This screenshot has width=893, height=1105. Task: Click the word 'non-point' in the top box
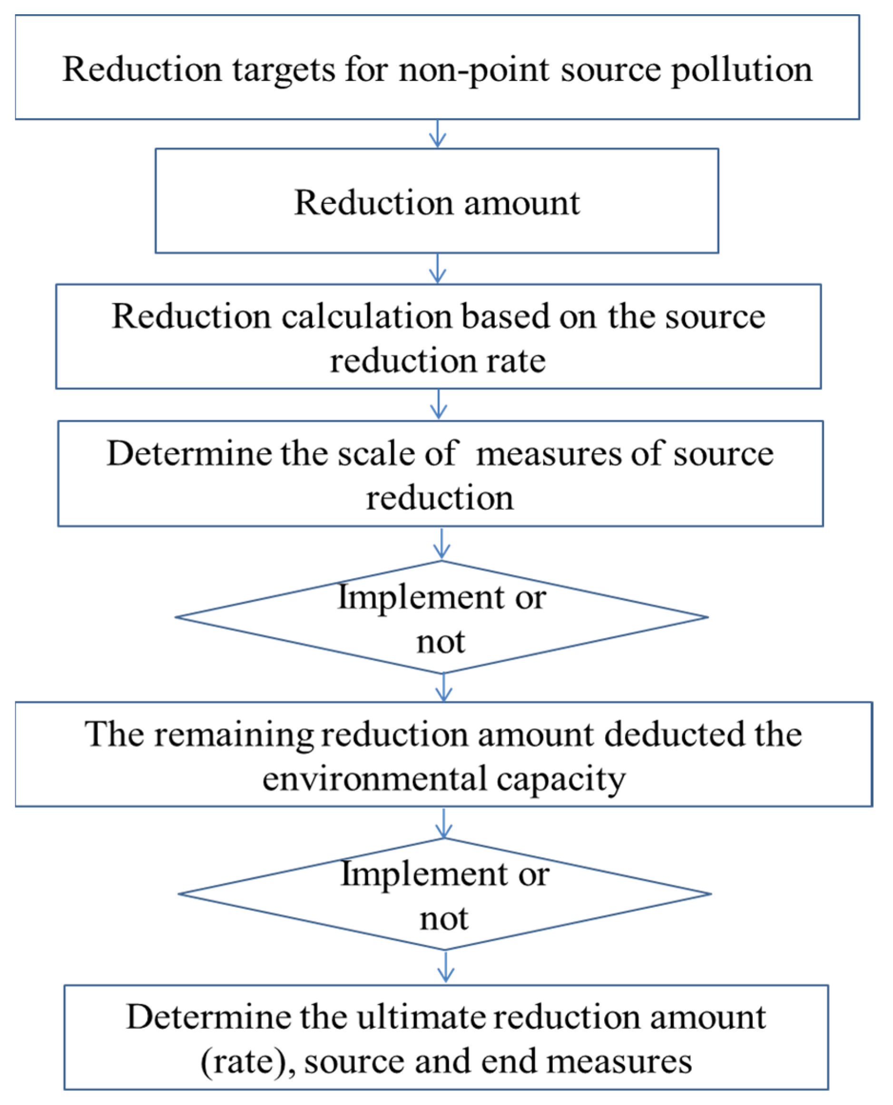(473, 69)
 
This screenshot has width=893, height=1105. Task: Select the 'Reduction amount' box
(437, 201)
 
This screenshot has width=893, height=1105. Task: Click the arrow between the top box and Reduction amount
(437, 134)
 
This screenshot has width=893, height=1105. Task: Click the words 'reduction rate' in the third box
(437, 360)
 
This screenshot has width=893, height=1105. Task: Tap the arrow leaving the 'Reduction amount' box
(437, 268)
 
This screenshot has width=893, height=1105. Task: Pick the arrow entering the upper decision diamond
(442, 544)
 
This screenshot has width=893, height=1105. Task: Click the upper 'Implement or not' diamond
(442, 617)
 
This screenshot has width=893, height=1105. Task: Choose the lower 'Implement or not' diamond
(444, 894)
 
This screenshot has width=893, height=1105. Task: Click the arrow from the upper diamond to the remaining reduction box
(443, 687)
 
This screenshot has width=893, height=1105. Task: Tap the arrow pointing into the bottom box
(445, 966)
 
